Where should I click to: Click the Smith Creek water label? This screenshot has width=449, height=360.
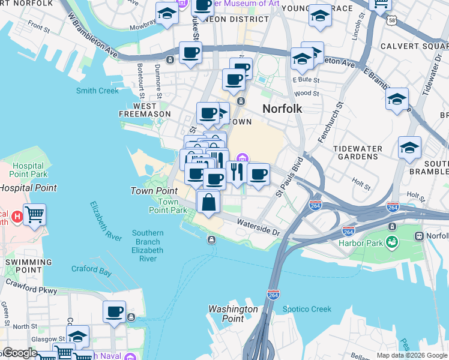97,91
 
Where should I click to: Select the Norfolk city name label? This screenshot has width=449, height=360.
282,109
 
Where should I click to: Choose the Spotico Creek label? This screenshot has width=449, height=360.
307,310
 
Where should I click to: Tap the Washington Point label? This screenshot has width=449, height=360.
233,314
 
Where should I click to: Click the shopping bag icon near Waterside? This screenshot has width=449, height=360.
208,203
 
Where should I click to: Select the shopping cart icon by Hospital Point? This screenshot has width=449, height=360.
35,214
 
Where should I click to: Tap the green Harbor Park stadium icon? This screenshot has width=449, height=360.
392,242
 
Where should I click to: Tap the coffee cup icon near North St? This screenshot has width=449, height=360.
114,312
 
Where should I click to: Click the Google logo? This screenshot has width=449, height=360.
20,353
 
